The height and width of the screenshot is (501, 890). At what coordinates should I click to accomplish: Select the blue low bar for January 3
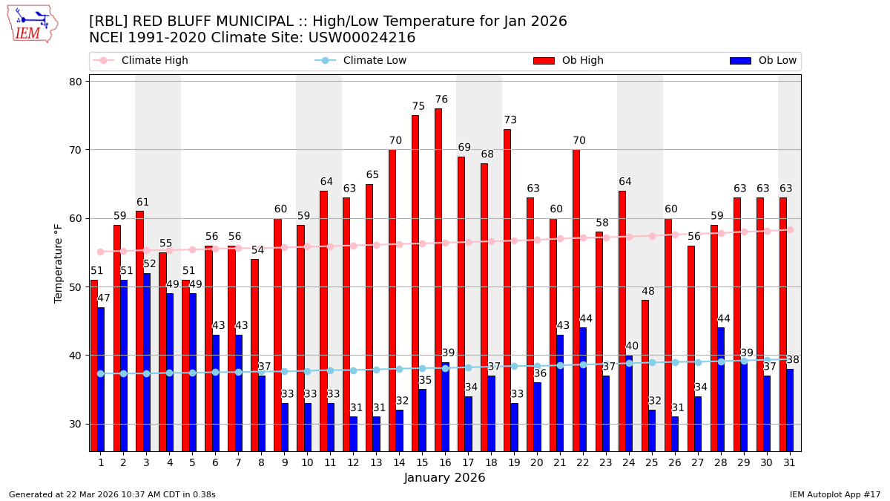click(x=146, y=362)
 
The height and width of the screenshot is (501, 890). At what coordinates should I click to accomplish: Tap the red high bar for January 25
click(x=645, y=376)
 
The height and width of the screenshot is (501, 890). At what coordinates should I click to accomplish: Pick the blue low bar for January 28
click(x=721, y=389)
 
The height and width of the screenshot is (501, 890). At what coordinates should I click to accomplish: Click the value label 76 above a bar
click(x=441, y=99)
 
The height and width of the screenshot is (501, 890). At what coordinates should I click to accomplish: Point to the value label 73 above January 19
click(x=510, y=120)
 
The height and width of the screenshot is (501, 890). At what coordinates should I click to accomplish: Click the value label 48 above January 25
click(x=648, y=292)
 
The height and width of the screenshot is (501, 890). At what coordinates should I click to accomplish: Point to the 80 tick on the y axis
click(x=76, y=82)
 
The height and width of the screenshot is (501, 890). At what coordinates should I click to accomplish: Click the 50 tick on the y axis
click(x=76, y=287)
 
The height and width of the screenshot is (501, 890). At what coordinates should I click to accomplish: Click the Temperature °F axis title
click(x=59, y=263)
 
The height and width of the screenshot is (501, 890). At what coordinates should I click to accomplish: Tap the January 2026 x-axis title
click(x=444, y=479)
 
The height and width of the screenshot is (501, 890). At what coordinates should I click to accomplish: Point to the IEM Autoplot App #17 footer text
click(x=834, y=494)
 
